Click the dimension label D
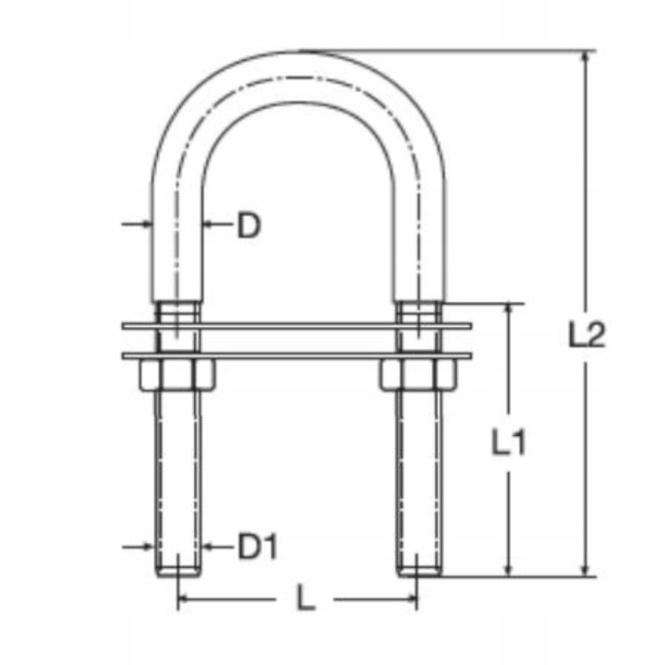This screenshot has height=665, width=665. pyautogui.click(x=248, y=224)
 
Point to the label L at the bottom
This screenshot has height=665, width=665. pyautogui.click(x=305, y=600)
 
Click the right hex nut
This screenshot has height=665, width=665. pyautogui.click(x=417, y=375)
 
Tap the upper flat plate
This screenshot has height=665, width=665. pyautogui.click(x=296, y=325)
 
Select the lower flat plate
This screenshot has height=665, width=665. pyautogui.click(x=296, y=356)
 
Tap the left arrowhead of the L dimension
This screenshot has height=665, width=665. pyautogui.click(x=182, y=600)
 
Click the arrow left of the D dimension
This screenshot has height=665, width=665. pyautogui.click(x=146, y=224)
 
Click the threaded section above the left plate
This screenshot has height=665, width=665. pyautogui.click(x=176, y=312)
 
